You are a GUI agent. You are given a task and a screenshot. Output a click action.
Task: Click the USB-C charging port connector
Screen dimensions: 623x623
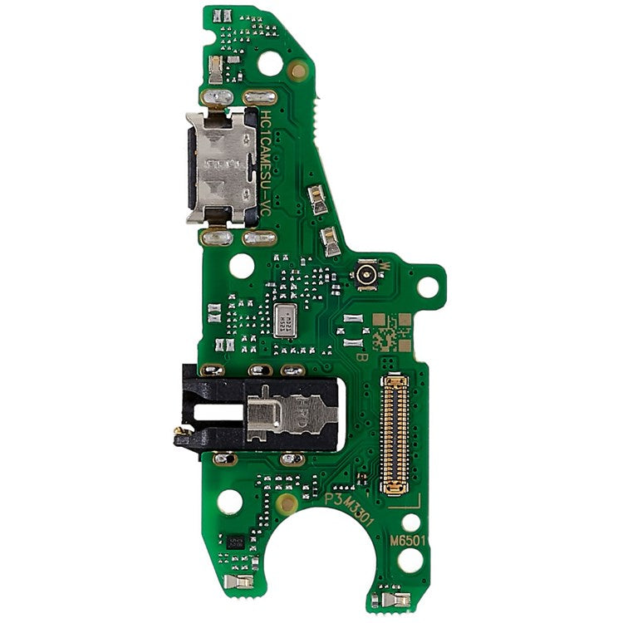coord(220,166)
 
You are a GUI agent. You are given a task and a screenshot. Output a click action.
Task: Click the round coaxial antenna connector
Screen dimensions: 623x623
coord(365,275)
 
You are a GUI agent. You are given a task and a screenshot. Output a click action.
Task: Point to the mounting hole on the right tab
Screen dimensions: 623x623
coord(427,287)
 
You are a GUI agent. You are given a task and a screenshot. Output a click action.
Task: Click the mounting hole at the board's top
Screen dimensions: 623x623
coord(270,62)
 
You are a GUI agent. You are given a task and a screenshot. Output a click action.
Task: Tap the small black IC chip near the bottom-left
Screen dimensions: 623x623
coord(235,541)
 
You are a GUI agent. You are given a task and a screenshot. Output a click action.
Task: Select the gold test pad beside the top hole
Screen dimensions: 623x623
coord(298,70)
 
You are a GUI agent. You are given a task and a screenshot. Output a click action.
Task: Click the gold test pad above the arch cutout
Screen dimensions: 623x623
coord(287,503)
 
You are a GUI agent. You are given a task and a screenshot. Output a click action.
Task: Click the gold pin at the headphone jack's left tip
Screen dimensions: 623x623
coord(178,431)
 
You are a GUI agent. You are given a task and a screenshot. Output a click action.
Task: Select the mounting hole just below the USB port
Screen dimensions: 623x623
coord(242,266)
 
